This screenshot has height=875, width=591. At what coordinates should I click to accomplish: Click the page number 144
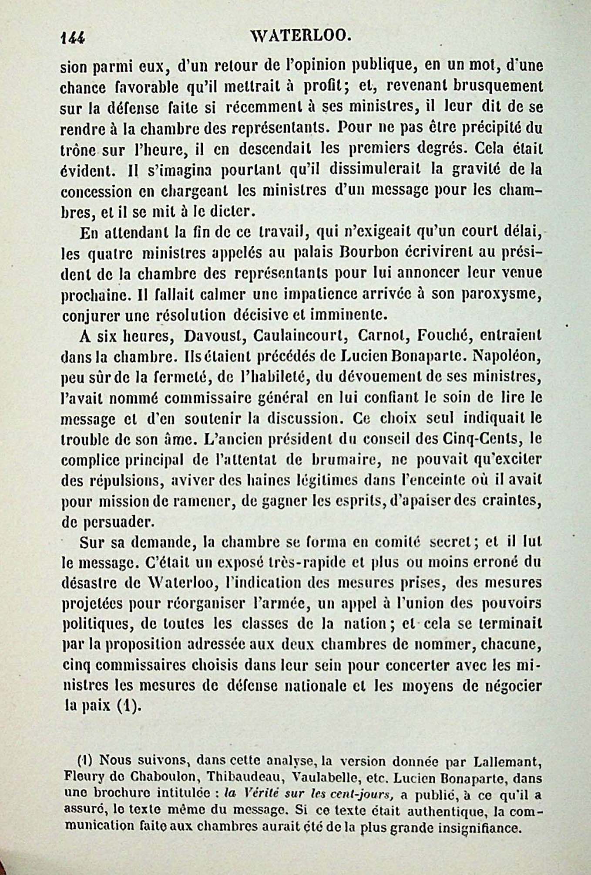[73, 38]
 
